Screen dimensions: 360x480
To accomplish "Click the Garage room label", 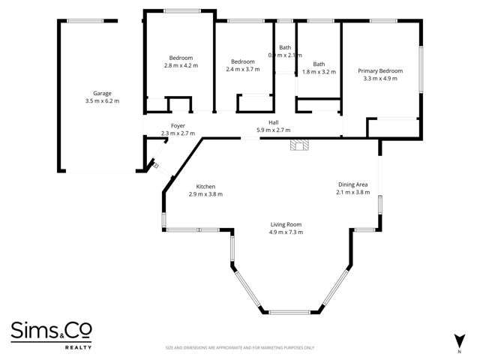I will pyautogui.click(x=102, y=93).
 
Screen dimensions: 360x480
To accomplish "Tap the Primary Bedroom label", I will pyautogui.click(x=380, y=71).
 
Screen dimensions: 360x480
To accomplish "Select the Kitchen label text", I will pyautogui.click(x=205, y=187).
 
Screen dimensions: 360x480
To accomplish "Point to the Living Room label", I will pyautogui.click(x=286, y=224).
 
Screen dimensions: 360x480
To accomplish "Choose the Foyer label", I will pyautogui.click(x=178, y=126).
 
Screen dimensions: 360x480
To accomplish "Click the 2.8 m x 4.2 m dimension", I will pyautogui.click(x=181, y=65).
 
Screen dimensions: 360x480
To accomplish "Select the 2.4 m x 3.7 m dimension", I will pyautogui.click(x=243, y=69).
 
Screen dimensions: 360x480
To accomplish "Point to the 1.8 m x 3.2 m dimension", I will pyautogui.click(x=319, y=71).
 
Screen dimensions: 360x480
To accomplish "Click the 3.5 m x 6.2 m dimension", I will pyautogui.click(x=102, y=100).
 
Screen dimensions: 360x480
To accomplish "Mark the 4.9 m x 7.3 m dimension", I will pyautogui.click(x=286, y=232).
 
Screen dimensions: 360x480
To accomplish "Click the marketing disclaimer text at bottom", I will pyautogui.click(x=240, y=348).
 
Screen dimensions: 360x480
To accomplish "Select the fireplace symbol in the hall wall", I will pyautogui.click(x=299, y=144).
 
